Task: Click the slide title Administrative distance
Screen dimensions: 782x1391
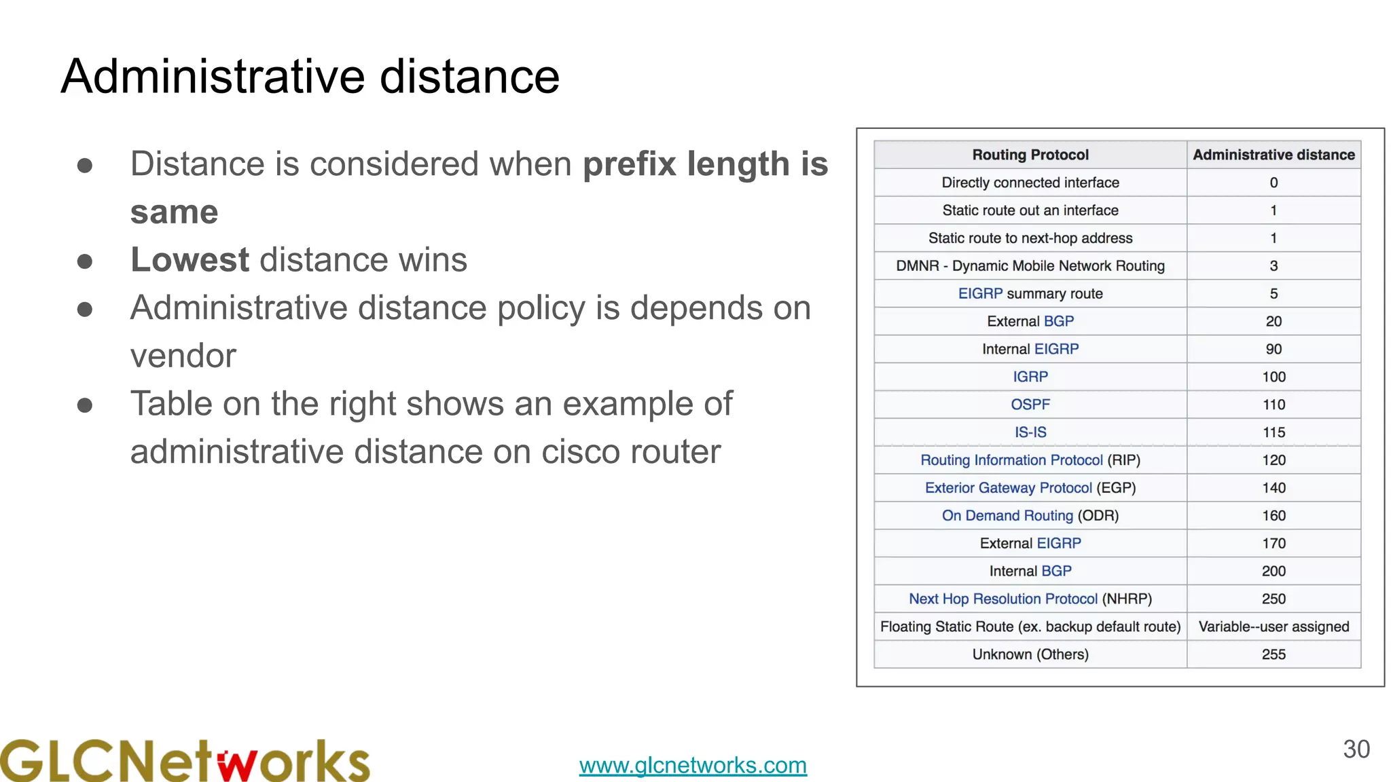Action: [x=310, y=76]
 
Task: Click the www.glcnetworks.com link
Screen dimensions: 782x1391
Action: [x=693, y=765]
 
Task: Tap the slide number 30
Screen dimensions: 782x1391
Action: [x=1356, y=749]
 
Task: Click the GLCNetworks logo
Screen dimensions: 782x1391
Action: [x=185, y=760]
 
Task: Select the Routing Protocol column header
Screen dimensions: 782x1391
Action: [x=1030, y=155]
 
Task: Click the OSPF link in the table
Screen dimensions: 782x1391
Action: [x=1030, y=405]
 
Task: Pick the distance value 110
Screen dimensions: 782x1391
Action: [x=1273, y=405]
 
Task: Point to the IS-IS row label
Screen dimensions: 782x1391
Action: [x=1030, y=432]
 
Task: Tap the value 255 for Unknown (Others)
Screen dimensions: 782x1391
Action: [x=1273, y=654]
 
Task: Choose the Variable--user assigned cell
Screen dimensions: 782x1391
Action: [x=1273, y=627]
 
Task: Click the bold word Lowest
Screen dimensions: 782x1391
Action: [x=190, y=260]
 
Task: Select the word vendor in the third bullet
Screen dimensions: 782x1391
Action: [x=183, y=356]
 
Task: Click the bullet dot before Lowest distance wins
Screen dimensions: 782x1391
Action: [x=85, y=261]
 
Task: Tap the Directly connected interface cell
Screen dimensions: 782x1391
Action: [x=1030, y=183]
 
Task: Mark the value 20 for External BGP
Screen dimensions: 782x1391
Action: [x=1273, y=321]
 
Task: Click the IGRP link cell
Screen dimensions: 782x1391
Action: [x=1030, y=377]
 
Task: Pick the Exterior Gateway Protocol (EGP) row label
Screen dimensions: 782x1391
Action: [x=1030, y=488]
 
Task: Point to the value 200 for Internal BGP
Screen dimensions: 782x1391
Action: [x=1273, y=571]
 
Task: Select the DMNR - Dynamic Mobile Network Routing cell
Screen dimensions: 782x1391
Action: [x=1030, y=266]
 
